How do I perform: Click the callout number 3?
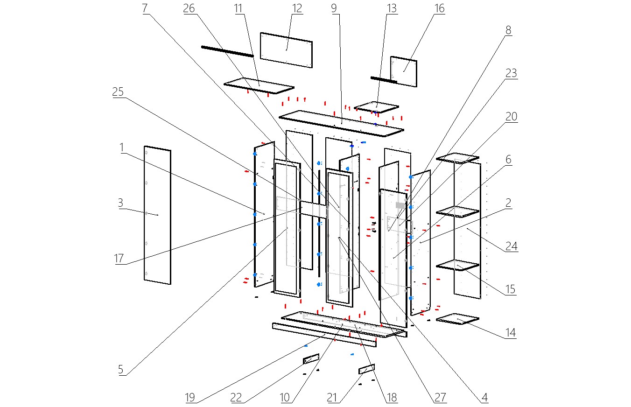point(120,203)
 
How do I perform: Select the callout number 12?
point(297,8)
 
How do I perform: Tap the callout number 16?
point(439,8)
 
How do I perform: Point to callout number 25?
point(118,92)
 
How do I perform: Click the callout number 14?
point(511,333)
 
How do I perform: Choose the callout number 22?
point(237,397)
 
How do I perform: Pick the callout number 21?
point(332,397)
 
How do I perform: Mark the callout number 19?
point(189,397)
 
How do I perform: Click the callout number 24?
point(512,246)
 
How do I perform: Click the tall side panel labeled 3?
point(157,215)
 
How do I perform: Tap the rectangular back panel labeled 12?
point(286,50)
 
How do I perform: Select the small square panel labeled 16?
point(404,71)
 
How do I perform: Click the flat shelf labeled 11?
point(259,86)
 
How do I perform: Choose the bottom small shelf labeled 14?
point(457,319)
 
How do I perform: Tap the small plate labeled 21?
point(366,369)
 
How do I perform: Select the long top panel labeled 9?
point(341,123)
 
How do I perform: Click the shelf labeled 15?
point(457,266)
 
